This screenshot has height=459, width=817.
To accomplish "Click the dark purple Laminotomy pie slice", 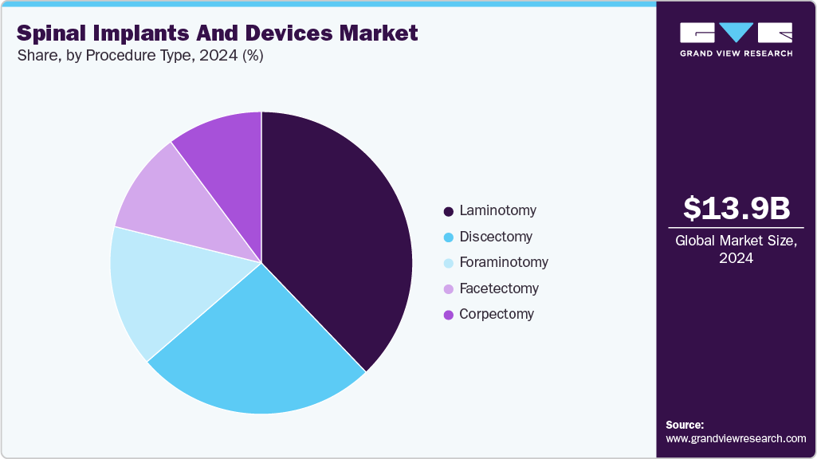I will point(343,231).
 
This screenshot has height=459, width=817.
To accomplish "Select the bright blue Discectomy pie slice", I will point(255,351).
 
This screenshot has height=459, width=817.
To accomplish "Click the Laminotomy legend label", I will point(497,211).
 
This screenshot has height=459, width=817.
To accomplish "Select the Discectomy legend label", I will point(496,237).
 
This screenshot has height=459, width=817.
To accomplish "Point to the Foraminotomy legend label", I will point(504,262).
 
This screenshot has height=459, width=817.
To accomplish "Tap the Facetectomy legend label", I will point(499,288).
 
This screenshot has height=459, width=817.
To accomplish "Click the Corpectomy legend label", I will point(497,314).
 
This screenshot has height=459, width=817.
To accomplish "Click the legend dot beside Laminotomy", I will point(449,212).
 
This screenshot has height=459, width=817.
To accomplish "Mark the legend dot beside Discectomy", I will point(449,237).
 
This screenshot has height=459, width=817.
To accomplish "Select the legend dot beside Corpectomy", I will point(449,315).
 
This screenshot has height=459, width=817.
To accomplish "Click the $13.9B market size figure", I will point(736,208).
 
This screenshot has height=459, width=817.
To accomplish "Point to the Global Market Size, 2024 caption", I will point(736,249).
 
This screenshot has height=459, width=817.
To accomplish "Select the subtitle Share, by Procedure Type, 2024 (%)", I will point(140,56).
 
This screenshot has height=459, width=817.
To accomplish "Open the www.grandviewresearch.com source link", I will point(736,438).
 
